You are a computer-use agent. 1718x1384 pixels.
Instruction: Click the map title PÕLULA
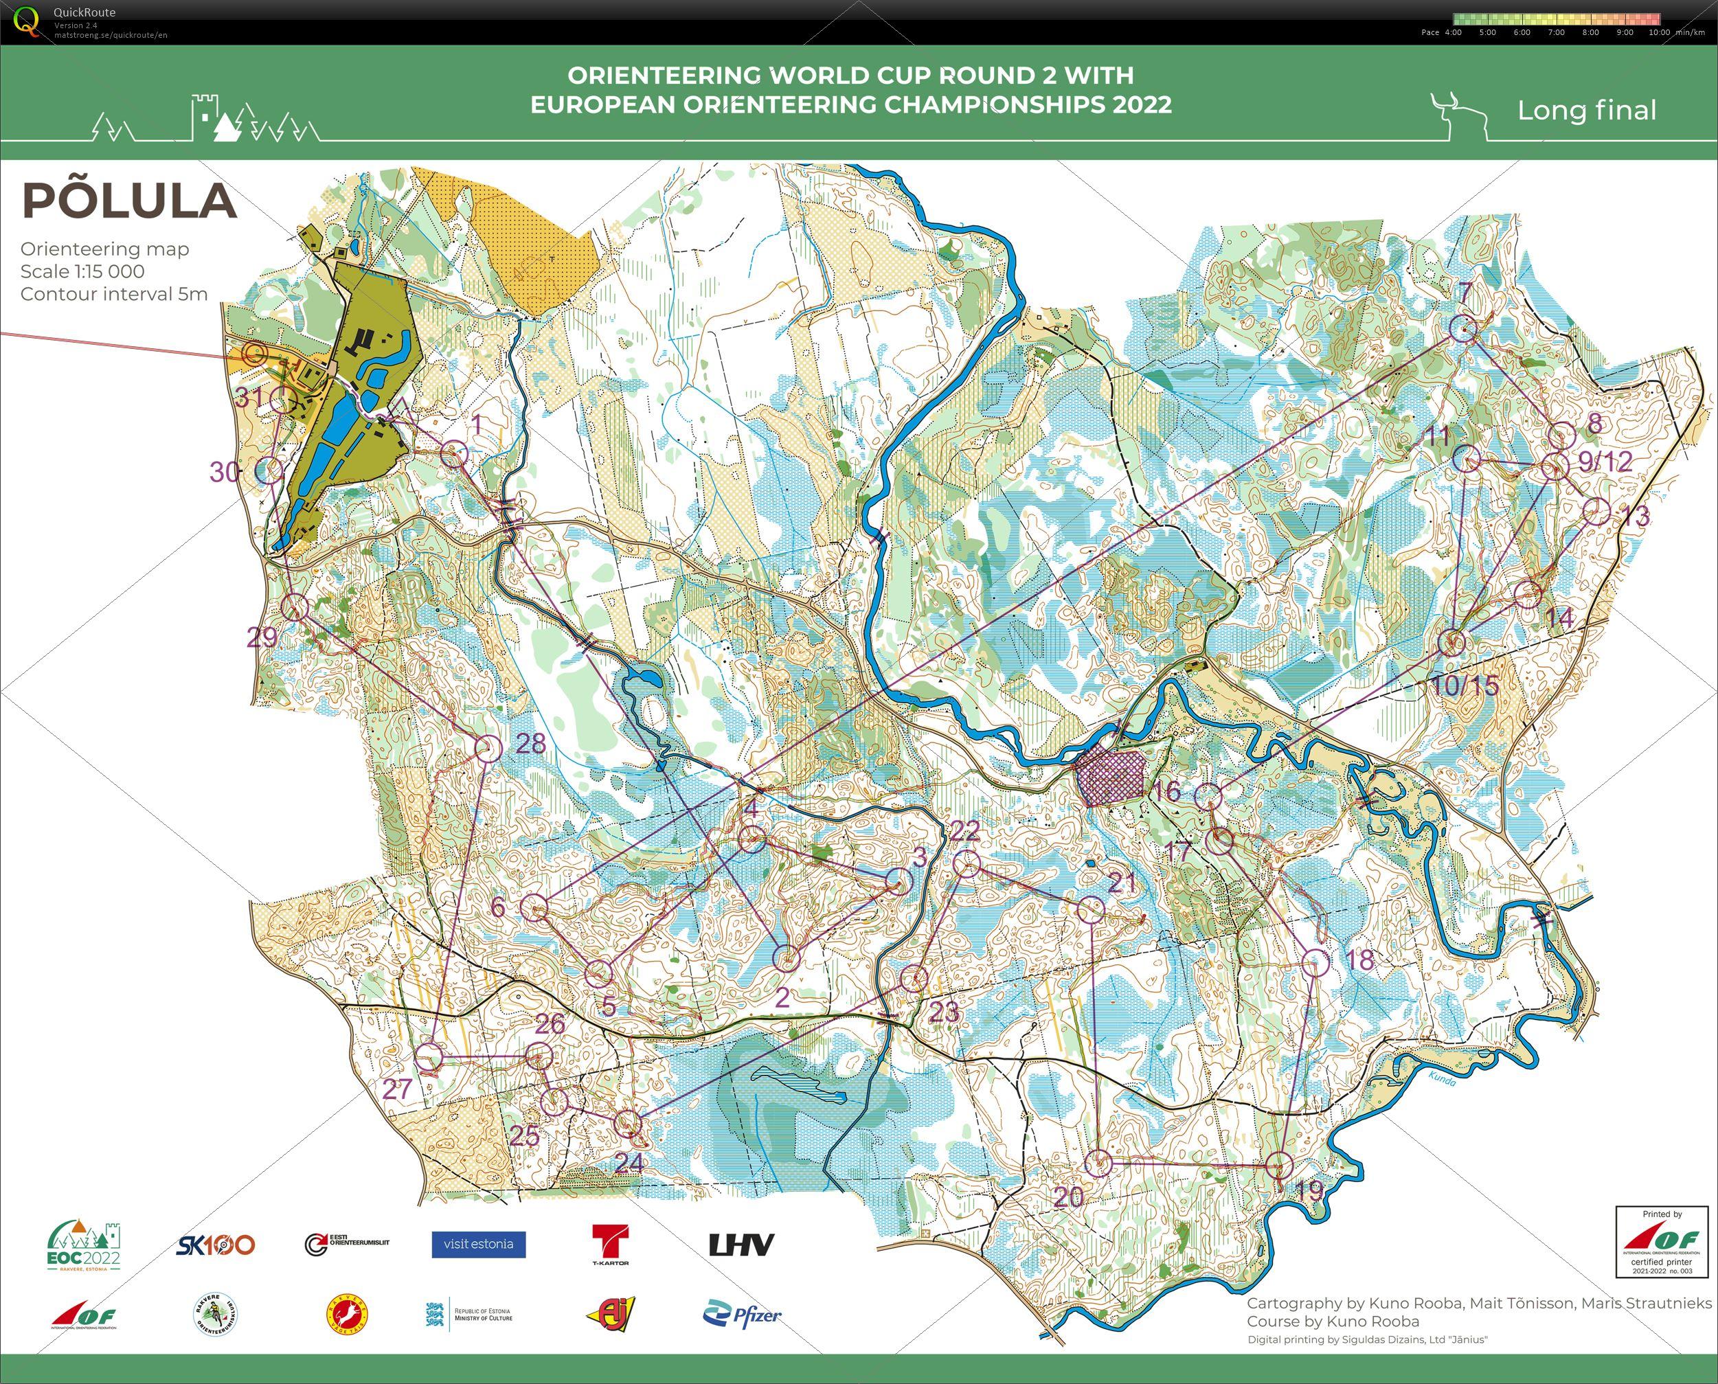point(129,200)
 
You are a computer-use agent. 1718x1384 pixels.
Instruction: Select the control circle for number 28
point(488,748)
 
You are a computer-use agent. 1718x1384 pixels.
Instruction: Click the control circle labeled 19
point(1280,1165)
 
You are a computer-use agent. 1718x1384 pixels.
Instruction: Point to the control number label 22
point(964,830)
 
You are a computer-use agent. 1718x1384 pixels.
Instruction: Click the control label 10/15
point(1465,685)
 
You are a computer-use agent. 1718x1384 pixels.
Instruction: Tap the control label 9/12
point(1605,462)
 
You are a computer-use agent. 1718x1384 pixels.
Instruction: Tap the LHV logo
point(741,1245)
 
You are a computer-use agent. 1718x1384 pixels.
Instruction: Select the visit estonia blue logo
point(478,1245)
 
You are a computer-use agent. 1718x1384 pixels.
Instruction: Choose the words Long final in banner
point(1587,111)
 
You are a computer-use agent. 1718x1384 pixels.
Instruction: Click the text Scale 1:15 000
point(82,271)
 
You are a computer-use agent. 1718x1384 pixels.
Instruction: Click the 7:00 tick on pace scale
point(1556,33)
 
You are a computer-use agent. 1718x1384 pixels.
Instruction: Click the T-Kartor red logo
point(610,1245)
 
